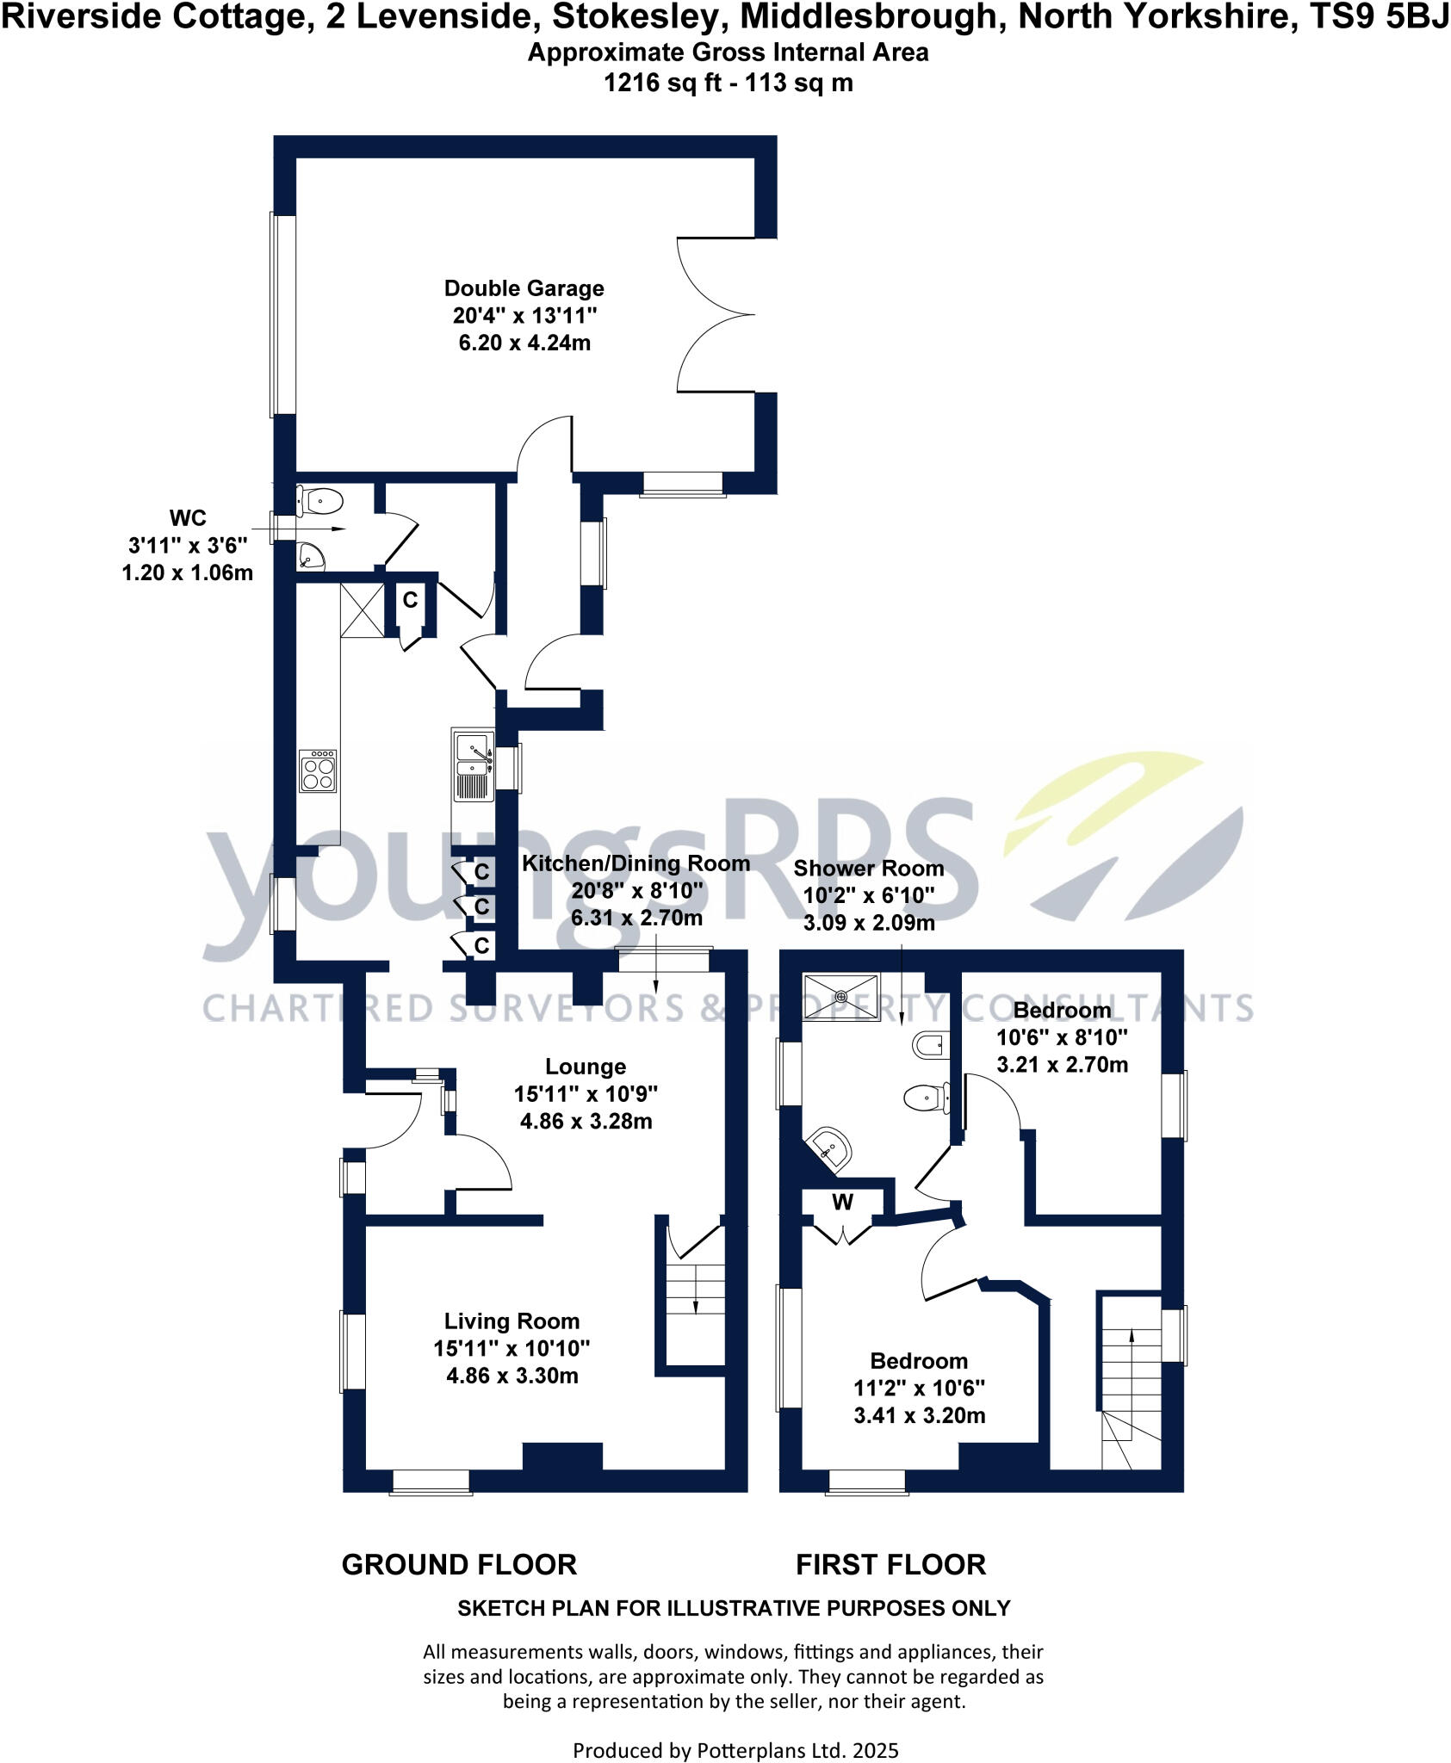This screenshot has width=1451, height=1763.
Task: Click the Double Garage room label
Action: click(x=524, y=288)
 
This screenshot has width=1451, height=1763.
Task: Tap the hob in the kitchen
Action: click(x=318, y=771)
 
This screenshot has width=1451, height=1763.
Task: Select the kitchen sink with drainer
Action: click(x=473, y=765)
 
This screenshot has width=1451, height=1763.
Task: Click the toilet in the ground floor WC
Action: click(x=321, y=500)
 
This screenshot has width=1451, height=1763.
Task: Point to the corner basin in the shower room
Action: click(x=830, y=1148)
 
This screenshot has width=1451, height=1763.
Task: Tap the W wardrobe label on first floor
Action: click(x=842, y=1202)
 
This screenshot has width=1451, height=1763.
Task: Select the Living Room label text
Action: click(x=512, y=1321)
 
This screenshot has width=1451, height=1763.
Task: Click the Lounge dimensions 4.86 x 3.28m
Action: click(x=586, y=1122)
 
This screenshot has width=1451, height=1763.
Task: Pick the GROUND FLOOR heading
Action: click(x=459, y=1564)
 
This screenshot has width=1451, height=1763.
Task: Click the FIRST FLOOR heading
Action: click(x=890, y=1564)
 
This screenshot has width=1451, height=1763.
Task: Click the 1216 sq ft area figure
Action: click(x=655, y=84)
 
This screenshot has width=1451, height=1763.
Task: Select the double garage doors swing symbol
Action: click(x=715, y=315)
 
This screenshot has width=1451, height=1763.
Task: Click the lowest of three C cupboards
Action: click(x=481, y=946)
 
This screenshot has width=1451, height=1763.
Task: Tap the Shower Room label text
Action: click(x=868, y=869)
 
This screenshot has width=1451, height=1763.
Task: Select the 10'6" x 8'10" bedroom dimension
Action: click(x=1062, y=1037)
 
